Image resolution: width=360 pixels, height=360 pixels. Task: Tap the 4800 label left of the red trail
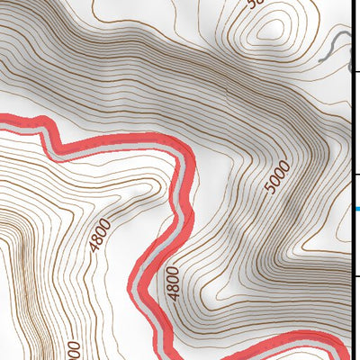click(x=100, y=236)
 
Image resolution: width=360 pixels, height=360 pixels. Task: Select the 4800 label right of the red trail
click(x=174, y=281)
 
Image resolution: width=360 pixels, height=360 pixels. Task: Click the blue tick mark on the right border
click(x=357, y=209)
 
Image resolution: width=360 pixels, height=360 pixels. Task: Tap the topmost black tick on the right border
click(x=355, y=71)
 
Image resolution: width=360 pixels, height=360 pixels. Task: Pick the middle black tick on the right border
click(x=355, y=174)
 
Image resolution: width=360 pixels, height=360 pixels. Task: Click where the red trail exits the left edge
click(x=3, y=120)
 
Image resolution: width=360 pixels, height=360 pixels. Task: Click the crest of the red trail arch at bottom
click(x=288, y=337)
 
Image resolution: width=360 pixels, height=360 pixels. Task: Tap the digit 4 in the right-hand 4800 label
click(x=174, y=294)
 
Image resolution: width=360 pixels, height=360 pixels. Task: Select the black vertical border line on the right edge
click(x=352, y=180)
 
